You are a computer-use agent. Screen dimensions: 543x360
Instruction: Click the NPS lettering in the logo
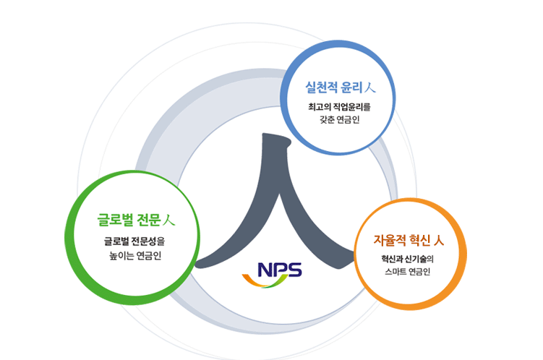point(280,270)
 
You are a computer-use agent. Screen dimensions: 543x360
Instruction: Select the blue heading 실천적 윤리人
point(340,87)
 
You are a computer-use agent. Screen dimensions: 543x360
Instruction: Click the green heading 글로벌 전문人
point(136,220)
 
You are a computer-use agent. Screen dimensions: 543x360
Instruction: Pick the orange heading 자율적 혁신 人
point(409,240)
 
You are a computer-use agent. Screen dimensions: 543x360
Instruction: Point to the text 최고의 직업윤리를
point(339,106)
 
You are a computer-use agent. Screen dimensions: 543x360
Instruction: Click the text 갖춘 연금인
point(340,119)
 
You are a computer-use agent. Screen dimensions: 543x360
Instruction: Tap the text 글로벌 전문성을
point(134,241)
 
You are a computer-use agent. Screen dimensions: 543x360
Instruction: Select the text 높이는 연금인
point(135,255)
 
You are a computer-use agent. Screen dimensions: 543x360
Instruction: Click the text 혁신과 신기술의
point(408,259)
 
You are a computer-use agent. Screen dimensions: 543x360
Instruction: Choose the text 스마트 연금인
point(408,271)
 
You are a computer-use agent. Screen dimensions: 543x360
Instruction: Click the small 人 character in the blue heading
point(369,87)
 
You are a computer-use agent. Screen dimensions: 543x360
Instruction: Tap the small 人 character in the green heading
point(169,220)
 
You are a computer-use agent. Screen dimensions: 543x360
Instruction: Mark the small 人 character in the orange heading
point(438,240)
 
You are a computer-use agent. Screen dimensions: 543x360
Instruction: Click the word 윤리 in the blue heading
point(351,87)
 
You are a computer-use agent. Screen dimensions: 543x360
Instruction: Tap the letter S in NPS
point(295,270)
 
